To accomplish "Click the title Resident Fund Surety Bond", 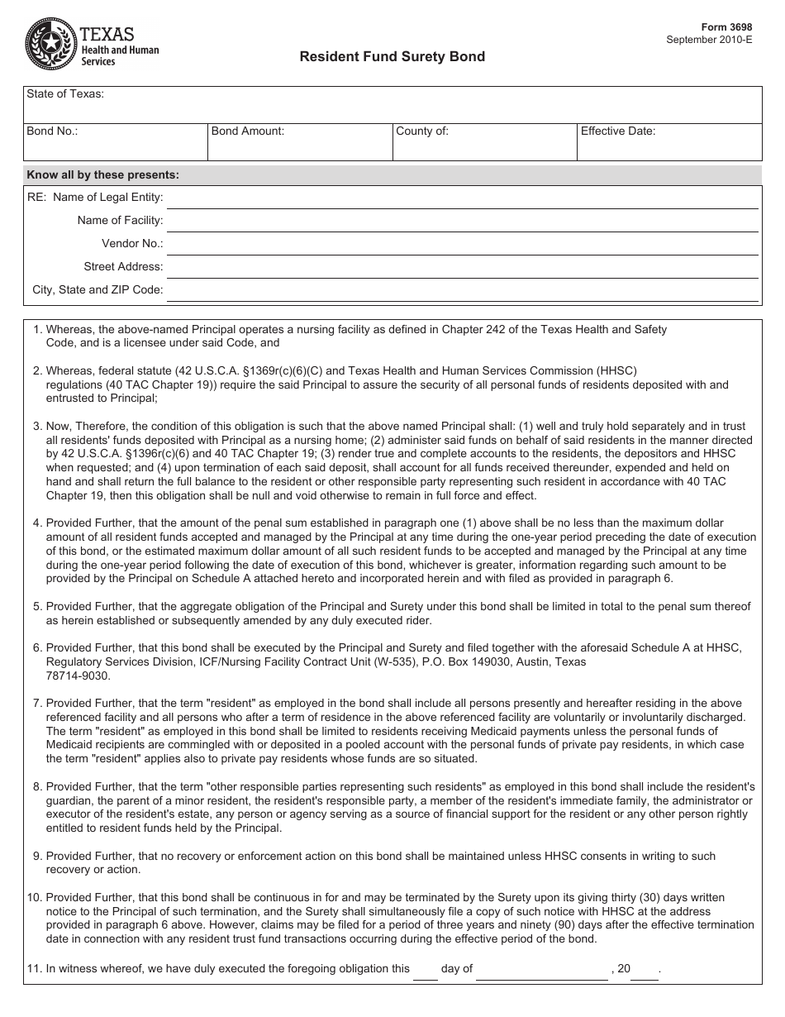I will (x=392, y=57).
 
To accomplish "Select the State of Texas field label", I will (x=65, y=94).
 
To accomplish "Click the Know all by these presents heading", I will (x=103, y=175).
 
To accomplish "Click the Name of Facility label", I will (x=121, y=221).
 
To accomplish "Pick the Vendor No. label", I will (x=132, y=244).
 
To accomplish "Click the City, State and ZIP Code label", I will (x=98, y=290).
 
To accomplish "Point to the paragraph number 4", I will (x=37, y=523).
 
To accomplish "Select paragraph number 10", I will (x=35, y=898).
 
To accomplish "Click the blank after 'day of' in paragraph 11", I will (x=542, y=971).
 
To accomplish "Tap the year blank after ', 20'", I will (x=645, y=971).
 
